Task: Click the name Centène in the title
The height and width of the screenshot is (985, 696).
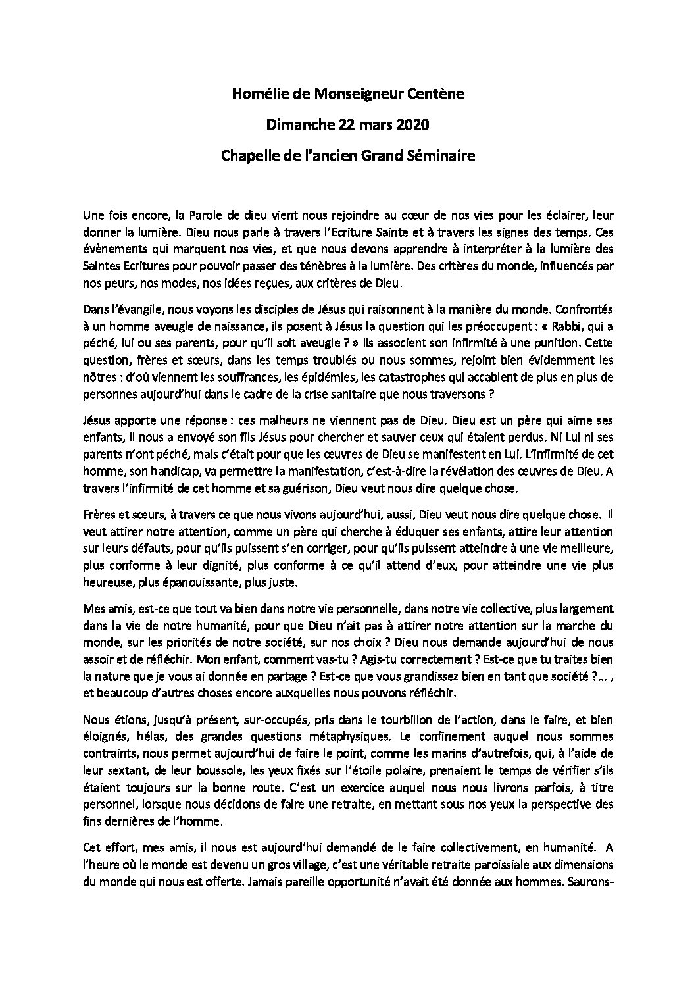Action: tap(437, 95)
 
